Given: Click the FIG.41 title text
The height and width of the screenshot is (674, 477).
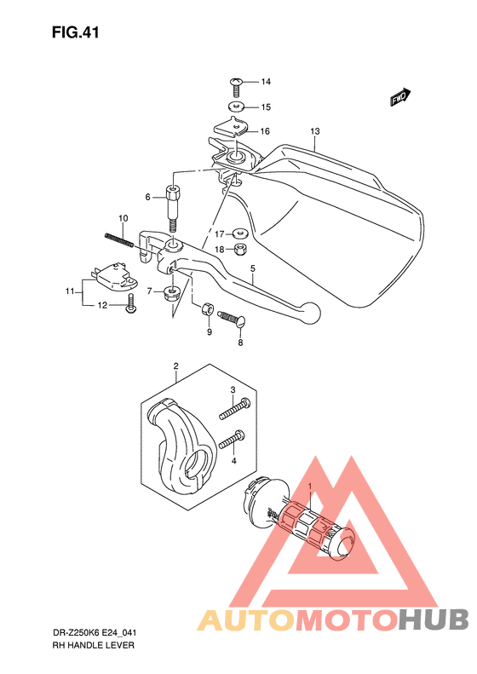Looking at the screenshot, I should pos(76,32).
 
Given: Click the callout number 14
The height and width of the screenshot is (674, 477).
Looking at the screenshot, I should pos(265,82).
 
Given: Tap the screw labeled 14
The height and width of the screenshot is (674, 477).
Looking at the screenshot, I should pos(237,84).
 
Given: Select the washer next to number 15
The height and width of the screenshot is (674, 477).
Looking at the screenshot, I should pos(236,107).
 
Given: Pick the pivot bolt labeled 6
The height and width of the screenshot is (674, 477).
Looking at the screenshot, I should pos(174,205).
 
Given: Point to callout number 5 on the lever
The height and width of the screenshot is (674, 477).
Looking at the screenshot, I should pos(252,269).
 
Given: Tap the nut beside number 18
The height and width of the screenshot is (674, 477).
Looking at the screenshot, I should pos(241,250).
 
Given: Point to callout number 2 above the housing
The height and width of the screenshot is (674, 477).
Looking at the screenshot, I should pos(175,367).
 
